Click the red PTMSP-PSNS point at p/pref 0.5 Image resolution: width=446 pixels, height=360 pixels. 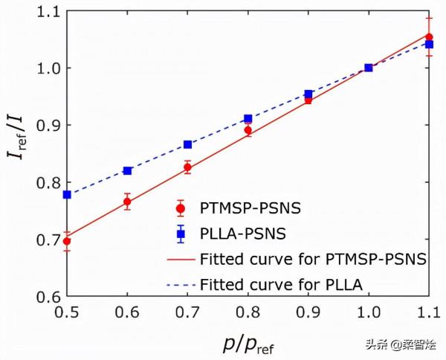(68, 241)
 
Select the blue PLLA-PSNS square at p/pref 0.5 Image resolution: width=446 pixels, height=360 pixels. (68, 194)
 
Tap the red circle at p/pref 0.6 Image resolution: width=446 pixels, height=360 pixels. (128, 202)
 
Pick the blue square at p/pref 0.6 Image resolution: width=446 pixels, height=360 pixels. (128, 170)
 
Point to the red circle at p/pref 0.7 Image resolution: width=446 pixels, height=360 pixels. (187, 167)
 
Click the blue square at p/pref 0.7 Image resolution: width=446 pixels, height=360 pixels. (187, 144)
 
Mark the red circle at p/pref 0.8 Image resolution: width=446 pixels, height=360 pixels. (248, 130)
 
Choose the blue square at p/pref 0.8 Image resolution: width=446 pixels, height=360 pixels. (248, 118)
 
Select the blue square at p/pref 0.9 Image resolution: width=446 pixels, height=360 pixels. (308, 94)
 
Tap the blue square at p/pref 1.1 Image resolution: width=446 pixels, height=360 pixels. (429, 44)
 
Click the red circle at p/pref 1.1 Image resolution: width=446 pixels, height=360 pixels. (429, 36)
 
